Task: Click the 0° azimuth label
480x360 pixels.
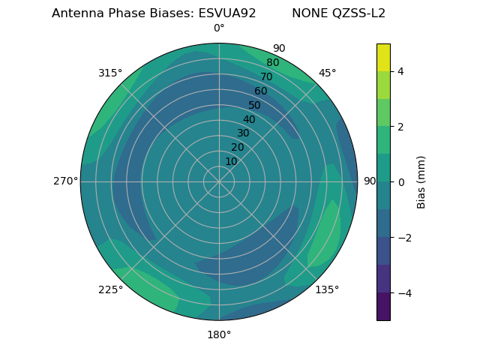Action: point(219,28)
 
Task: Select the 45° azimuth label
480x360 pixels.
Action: point(327,73)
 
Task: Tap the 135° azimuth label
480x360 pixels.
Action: point(327,289)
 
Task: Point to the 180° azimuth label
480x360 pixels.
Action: point(219,334)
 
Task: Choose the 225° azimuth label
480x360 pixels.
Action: point(110,290)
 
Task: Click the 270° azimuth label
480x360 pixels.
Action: point(65,181)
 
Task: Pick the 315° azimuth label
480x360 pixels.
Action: point(110,73)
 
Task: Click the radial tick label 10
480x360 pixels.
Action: point(231,161)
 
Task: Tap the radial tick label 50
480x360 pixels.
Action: point(255,105)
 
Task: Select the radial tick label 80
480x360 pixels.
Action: point(273,63)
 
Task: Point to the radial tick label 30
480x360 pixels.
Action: point(243,133)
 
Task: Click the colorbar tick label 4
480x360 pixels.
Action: point(401,71)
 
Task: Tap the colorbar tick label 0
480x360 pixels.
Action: point(401,181)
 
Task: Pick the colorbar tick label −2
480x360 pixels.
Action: point(403,237)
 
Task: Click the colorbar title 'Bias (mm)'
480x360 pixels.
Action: point(421,181)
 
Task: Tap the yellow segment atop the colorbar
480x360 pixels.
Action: point(383,57)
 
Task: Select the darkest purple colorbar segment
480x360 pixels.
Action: point(383,306)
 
